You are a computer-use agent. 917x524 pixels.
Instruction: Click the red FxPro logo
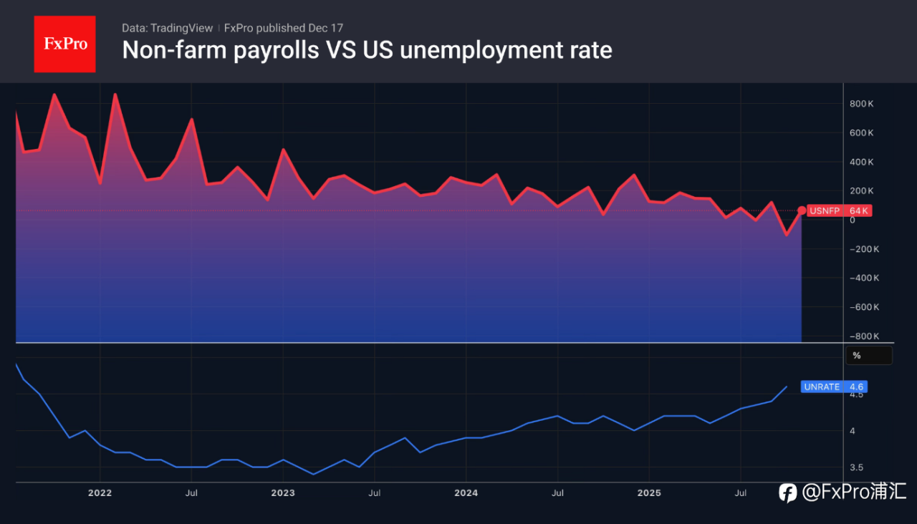click(x=64, y=44)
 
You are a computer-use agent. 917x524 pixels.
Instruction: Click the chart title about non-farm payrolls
click(x=367, y=50)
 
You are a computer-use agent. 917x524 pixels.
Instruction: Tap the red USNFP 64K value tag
click(x=839, y=211)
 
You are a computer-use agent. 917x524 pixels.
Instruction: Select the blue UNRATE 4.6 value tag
click(x=833, y=387)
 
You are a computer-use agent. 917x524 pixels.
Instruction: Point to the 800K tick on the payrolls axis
click(x=861, y=104)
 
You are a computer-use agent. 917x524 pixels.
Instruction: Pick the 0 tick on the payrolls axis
click(x=852, y=220)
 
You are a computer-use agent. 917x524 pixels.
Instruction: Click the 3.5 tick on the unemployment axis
click(x=857, y=467)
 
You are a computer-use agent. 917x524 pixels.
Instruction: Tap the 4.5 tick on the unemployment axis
click(x=857, y=394)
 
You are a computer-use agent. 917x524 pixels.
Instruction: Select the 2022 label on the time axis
click(x=100, y=493)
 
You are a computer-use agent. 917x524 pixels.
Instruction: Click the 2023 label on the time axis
click(x=283, y=493)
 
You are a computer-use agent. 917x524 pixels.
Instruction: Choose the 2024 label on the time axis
click(x=466, y=493)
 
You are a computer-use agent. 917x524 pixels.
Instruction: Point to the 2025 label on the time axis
click(x=649, y=493)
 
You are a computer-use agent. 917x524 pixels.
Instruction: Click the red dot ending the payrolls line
click(x=801, y=210)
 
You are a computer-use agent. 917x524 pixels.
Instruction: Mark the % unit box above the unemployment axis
click(x=868, y=356)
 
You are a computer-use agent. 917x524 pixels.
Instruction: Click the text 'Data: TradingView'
click(x=167, y=28)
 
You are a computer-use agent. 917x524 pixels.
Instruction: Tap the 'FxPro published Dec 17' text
click(x=284, y=28)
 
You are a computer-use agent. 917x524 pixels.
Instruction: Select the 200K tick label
click(x=861, y=191)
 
